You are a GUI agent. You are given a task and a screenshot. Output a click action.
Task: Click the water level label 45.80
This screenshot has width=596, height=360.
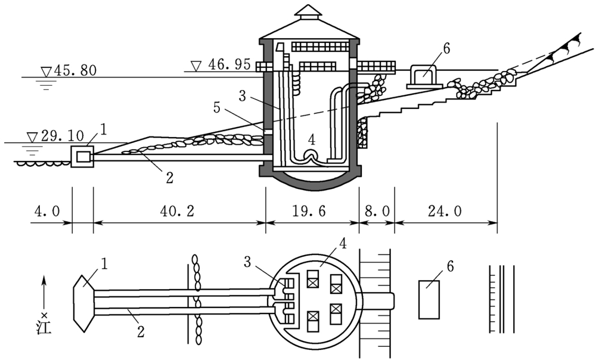click(x=75, y=70)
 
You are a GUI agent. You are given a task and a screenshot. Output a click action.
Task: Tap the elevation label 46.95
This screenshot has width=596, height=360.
click(x=229, y=64)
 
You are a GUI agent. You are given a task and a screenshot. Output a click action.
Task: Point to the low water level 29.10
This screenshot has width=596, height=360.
click(x=62, y=136)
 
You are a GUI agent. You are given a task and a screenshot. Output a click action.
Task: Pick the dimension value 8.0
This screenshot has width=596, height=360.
click(x=377, y=210)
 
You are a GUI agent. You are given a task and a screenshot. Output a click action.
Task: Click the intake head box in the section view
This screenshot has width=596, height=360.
click(x=82, y=156)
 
